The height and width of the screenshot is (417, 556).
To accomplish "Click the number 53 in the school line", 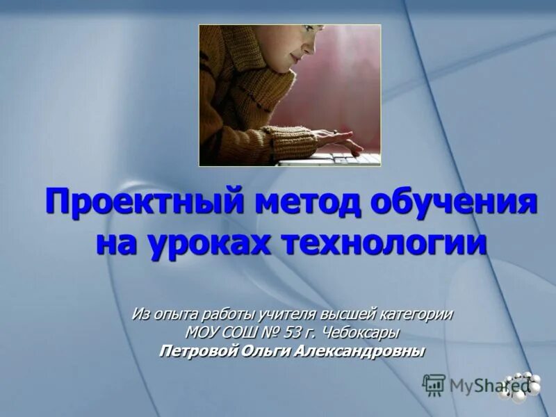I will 297,333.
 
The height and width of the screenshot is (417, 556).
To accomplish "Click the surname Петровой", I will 199,351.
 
